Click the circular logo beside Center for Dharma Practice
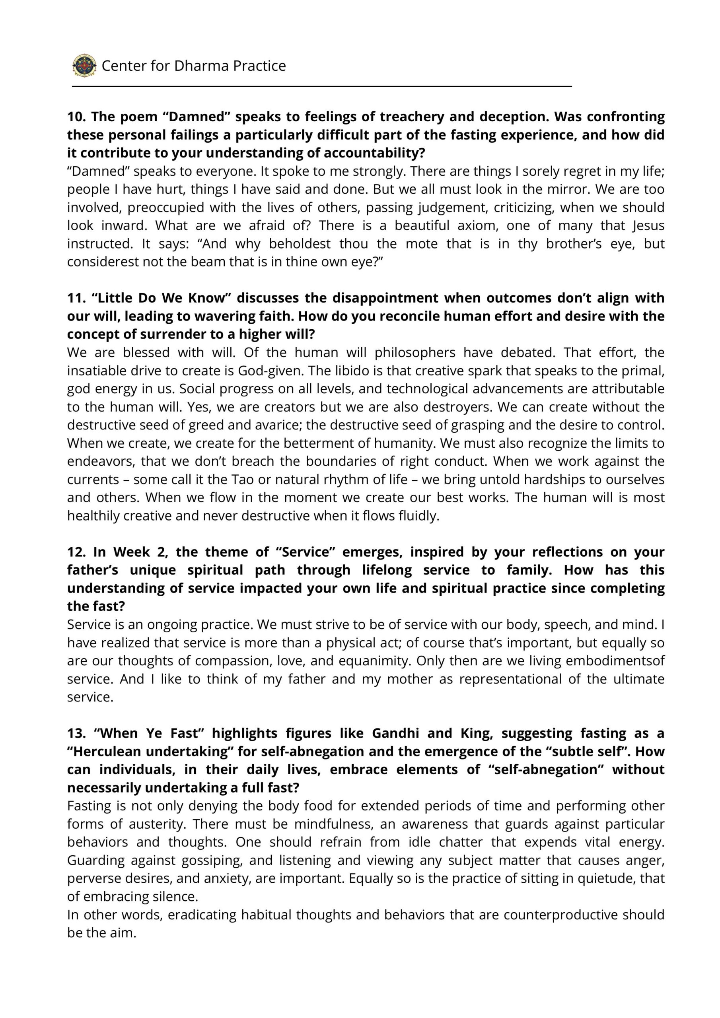84,66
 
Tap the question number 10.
76,117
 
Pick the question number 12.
76,552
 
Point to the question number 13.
76,733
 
